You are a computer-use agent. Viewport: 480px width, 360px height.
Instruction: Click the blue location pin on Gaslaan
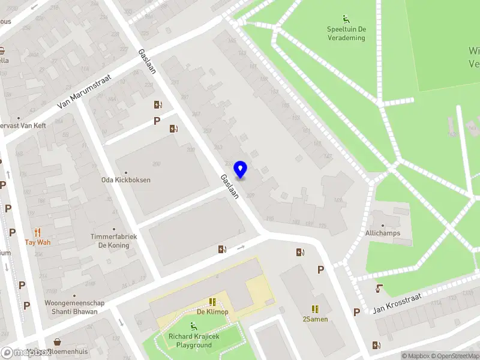click(241, 170)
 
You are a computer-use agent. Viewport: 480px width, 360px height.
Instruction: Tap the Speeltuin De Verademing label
click(346, 33)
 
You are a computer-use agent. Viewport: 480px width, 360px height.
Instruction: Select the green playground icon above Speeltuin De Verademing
click(346, 19)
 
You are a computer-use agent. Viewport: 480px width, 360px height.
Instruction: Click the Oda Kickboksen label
click(125, 180)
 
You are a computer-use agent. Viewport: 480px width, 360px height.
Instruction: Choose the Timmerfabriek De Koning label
click(114, 241)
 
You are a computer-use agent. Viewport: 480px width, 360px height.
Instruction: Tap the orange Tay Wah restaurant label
click(38, 242)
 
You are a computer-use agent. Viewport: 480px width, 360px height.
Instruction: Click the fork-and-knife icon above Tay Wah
click(38, 233)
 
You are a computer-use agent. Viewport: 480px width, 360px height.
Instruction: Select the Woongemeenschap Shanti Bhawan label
click(74, 307)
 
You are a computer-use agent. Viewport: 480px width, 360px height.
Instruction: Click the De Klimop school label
click(212, 312)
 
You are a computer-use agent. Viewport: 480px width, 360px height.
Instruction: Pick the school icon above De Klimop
click(212, 302)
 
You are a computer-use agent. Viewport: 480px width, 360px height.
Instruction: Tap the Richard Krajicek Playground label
click(194, 341)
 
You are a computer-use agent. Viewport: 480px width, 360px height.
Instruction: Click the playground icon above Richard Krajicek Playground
click(193, 326)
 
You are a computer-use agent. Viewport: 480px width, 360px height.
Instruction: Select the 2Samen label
click(315, 319)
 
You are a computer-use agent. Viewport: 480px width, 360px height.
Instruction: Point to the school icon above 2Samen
click(315, 308)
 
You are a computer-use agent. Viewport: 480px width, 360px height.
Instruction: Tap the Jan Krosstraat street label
click(397, 304)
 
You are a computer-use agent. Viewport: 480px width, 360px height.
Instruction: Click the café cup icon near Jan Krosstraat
click(379, 289)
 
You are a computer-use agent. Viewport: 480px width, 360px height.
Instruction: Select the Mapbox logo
click(25, 353)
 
